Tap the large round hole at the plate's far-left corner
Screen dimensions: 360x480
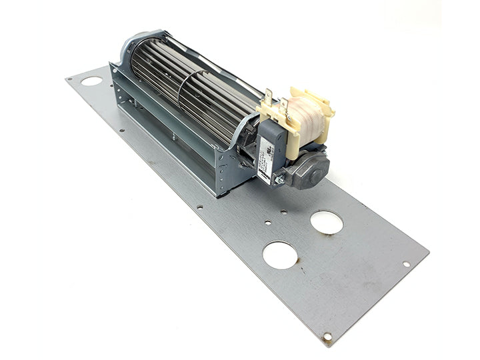[92, 81]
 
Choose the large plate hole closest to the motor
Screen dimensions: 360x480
[327, 222]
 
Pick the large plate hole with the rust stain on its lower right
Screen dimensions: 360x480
[280, 255]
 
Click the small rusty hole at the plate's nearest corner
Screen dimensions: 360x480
[327, 336]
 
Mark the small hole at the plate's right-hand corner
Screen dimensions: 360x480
[406, 264]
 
